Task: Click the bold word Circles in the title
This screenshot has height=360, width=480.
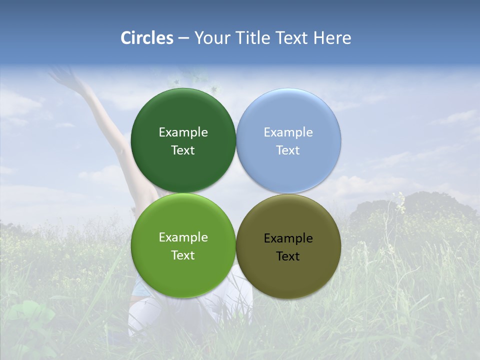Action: pyautogui.click(x=147, y=38)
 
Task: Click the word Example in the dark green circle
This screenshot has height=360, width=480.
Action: pyautogui.click(x=183, y=132)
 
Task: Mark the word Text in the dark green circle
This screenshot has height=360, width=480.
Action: pyautogui.click(x=183, y=150)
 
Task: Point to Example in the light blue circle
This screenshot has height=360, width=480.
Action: pyautogui.click(x=288, y=132)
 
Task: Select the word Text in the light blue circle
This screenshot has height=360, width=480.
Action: pyautogui.click(x=288, y=150)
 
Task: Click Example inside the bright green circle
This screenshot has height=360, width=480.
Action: pyautogui.click(x=183, y=237)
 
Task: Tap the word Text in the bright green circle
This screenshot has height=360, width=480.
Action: pyautogui.click(x=183, y=255)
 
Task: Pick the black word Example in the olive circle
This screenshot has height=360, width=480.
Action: pyautogui.click(x=288, y=238)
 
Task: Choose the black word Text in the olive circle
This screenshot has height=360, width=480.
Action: pyautogui.click(x=288, y=256)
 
